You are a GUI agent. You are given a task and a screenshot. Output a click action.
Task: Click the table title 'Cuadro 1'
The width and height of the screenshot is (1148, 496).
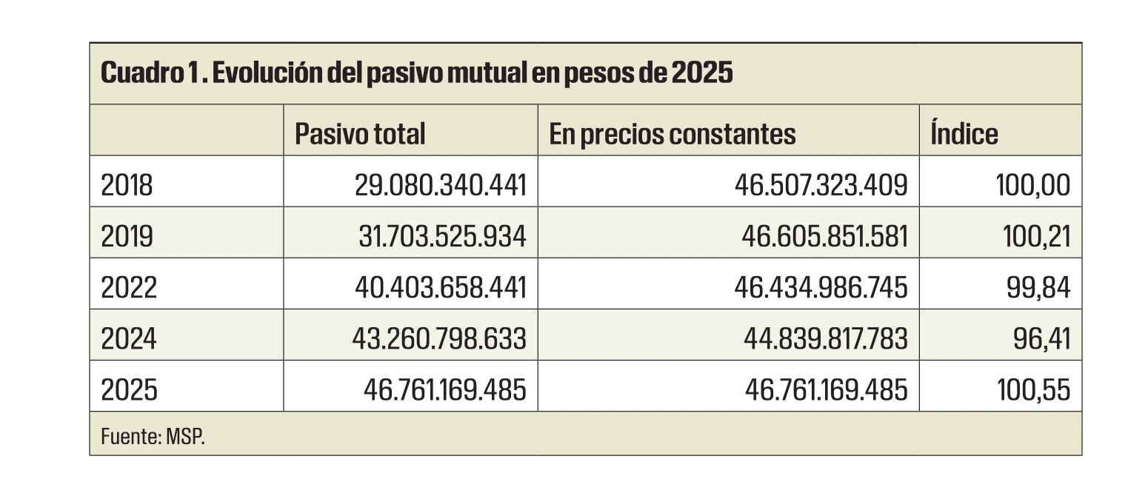(416, 74)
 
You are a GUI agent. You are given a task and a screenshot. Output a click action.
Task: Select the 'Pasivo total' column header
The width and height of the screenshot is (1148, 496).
(360, 134)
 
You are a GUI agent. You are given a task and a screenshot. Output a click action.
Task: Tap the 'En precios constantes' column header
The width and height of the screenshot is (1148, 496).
(673, 134)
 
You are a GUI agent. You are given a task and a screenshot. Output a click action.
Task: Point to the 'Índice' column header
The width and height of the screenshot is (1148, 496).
(964, 134)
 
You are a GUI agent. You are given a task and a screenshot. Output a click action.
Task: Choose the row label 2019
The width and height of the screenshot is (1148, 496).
(127, 236)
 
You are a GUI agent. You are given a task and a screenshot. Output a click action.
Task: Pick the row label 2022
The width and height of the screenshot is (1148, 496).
(128, 287)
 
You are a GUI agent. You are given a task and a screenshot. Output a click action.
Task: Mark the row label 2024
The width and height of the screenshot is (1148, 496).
(128, 338)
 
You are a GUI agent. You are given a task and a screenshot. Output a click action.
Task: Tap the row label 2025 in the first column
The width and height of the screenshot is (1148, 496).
(128, 389)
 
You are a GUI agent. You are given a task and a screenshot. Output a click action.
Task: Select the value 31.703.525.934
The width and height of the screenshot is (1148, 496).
(441, 236)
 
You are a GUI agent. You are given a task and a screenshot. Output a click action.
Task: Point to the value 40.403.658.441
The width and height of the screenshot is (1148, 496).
(441, 287)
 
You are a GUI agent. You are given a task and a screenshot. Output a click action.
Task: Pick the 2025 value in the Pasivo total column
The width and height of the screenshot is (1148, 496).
(444, 389)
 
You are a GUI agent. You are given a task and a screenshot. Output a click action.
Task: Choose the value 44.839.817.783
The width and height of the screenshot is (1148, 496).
(825, 338)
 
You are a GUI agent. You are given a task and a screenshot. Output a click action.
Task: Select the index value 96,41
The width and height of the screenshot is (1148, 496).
(1041, 338)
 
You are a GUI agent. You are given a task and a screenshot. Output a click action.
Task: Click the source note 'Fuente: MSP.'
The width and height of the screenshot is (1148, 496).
(152, 436)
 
